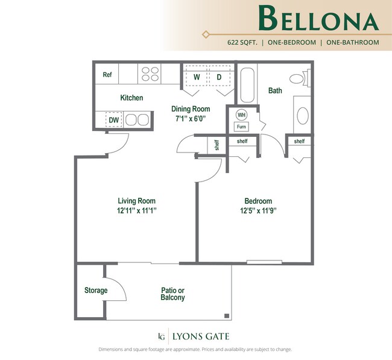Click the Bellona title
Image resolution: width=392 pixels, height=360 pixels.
click(318, 19)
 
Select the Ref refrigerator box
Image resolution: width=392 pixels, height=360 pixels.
click(107, 75)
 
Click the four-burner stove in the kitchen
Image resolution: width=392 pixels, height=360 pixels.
click(150, 74)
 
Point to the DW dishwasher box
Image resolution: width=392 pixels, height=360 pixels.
click(113, 120)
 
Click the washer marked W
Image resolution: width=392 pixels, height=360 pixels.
click(196, 77)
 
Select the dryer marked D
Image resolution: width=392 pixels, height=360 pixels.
click(219, 77)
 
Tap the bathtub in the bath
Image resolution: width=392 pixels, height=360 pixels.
click(248, 86)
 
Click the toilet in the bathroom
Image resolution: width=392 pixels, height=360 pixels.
click(297, 78)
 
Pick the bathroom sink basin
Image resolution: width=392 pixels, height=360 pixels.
click(302, 115)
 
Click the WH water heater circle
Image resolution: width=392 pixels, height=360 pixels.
click(241, 115)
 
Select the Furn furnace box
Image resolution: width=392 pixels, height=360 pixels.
click(241, 127)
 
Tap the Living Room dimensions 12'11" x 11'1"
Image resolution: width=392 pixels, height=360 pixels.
click(136, 210)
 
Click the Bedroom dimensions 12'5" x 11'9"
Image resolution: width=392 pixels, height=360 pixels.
click(258, 210)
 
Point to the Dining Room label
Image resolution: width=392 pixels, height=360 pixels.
click(191, 109)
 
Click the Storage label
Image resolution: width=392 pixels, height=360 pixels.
click(95, 291)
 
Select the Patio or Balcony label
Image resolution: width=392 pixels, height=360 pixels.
click(172, 294)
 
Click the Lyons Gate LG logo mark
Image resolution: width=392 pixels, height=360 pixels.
click(161, 336)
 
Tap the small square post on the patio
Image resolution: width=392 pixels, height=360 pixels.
click(226, 315)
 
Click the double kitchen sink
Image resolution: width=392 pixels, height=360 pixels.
click(136, 119)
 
